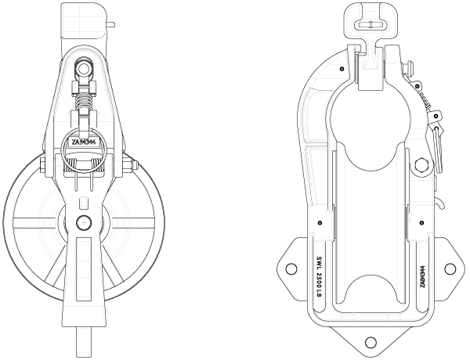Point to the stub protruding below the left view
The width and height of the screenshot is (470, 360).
(84, 341)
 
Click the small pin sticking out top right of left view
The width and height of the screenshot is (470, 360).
(113, 24)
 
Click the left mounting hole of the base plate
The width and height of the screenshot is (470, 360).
(291, 268)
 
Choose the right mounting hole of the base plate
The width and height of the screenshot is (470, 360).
(449, 268)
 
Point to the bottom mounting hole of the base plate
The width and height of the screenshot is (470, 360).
(369, 341)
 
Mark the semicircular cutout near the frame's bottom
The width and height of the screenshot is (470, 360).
(370, 290)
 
